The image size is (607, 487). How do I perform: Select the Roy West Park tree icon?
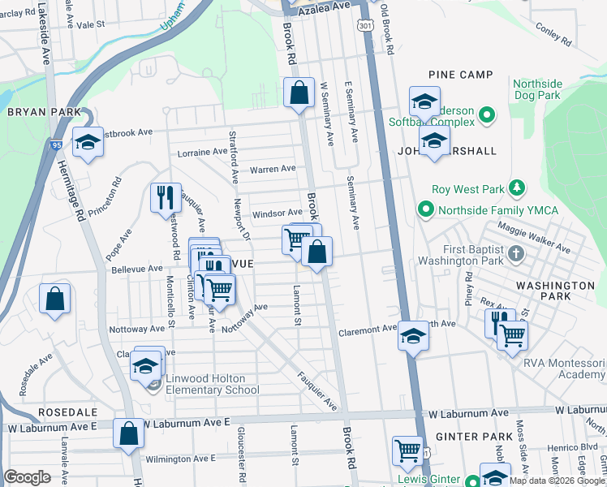pyautogui.click(x=516, y=188)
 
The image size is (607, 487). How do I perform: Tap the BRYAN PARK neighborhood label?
pyautogui.click(x=45, y=112)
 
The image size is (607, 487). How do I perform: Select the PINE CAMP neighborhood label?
pyautogui.click(x=460, y=75)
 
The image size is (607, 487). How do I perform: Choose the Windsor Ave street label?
pyautogui.click(x=278, y=213)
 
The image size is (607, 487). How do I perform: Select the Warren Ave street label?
pyautogui.click(x=273, y=170)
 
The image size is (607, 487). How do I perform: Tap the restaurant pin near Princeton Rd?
pyautogui.click(x=162, y=197)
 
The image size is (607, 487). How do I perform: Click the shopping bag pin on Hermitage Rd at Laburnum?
pyautogui.click(x=129, y=434)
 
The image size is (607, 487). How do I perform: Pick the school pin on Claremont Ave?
pyautogui.click(x=413, y=335)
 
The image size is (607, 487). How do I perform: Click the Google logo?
pyautogui.click(x=28, y=477)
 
